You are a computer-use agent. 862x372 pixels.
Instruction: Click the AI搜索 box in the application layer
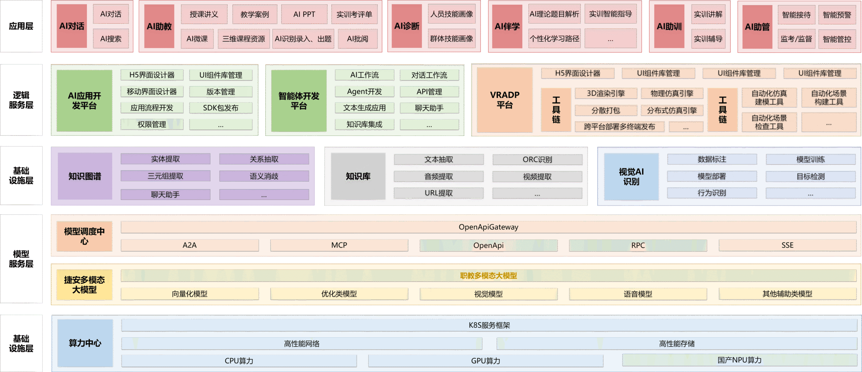pyautogui.click(x=111, y=39)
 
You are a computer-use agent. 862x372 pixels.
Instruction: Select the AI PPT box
pyautogui.click(x=304, y=14)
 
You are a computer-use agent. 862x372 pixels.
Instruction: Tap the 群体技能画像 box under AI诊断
pyautogui.click(x=452, y=39)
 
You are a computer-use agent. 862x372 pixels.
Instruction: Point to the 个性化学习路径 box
pyautogui.click(x=554, y=39)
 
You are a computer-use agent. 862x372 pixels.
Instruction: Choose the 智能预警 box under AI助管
pyautogui.click(x=837, y=15)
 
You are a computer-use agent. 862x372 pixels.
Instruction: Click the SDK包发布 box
pyautogui.click(x=221, y=108)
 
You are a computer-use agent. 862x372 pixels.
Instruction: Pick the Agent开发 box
pyautogui.click(x=364, y=91)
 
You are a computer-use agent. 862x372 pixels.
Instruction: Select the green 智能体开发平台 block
pyautogui.click(x=299, y=101)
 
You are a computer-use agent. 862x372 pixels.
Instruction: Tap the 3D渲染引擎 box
pyautogui.click(x=606, y=94)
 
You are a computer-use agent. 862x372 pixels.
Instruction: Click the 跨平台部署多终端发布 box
pyautogui.click(x=619, y=127)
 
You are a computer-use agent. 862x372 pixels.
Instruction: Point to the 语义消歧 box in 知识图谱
pyautogui.click(x=264, y=176)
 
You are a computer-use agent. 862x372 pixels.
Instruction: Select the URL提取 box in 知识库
pyautogui.click(x=438, y=193)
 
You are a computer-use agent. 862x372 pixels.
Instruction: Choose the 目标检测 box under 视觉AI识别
pyautogui.click(x=810, y=177)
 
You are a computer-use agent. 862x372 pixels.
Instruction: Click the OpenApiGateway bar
pyautogui.click(x=488, y=227)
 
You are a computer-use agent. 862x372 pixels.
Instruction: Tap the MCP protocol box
pyautogui.click(x=339, y=245)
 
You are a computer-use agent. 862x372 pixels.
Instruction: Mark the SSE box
pyautogui.click(x=787, y=245)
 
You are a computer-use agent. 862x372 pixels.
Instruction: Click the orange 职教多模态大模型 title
pyautogui.click(x=488, y=276)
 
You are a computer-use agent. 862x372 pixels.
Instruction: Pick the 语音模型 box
pyautogui.click(x=638, y=294)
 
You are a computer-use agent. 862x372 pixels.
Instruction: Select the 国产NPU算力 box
pyautogui.click(x=739, y=360)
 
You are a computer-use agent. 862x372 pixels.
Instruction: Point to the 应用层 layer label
pyautogui.click(x=21, y=26)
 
